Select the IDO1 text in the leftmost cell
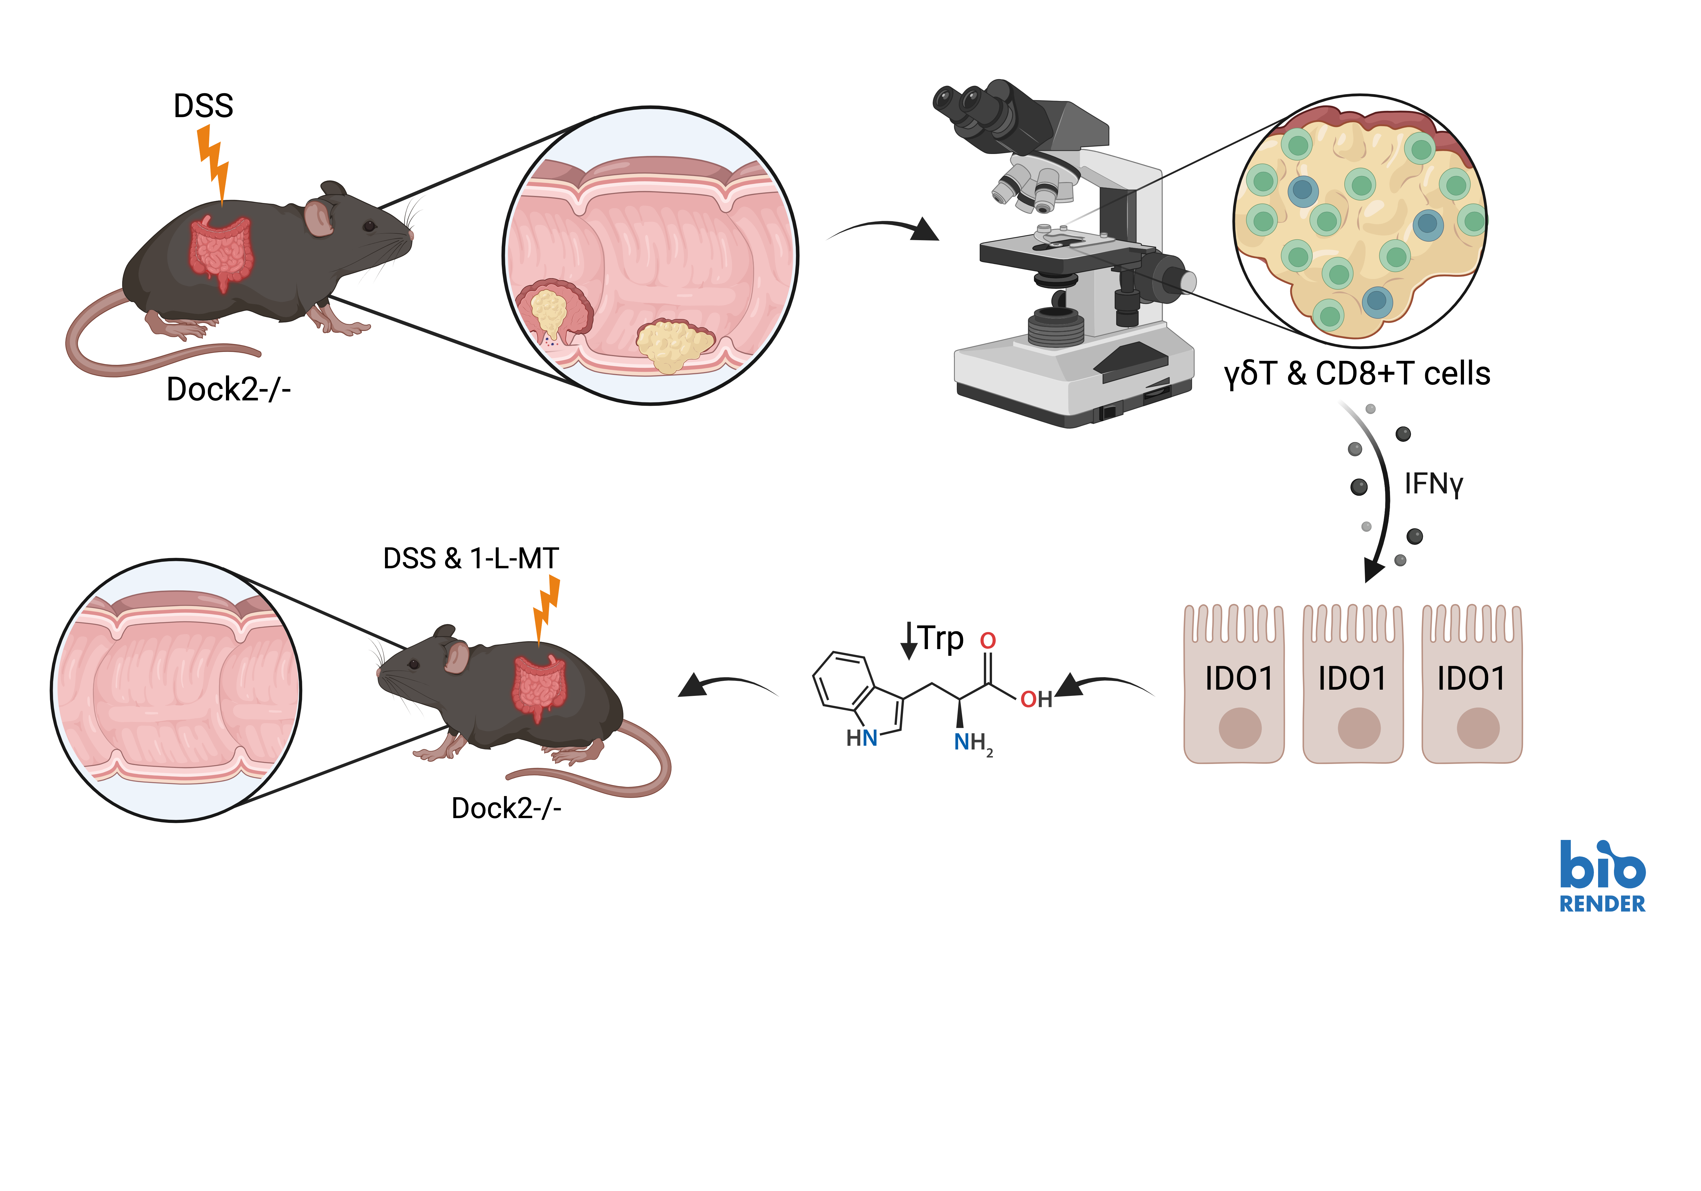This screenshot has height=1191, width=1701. tap(1238, 678)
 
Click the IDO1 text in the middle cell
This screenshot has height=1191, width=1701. tap(1352, 678)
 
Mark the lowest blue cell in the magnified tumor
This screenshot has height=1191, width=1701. tap(1376, 300)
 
